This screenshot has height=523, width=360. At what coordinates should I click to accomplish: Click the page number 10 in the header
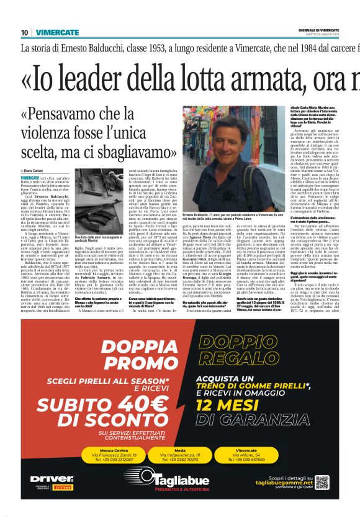[x=24, y=32]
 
